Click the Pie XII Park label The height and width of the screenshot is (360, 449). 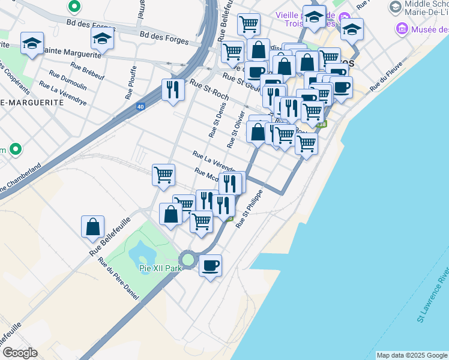(x=160, y=269)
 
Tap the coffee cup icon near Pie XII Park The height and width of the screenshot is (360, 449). (x=210, y=265)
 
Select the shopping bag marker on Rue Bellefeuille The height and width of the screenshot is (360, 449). (x=93, y=227)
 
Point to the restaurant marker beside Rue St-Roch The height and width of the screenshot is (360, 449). (x=173, y=90)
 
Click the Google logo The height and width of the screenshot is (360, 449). (x=20, y=352)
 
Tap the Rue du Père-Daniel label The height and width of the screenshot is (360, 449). (x=119, y=280)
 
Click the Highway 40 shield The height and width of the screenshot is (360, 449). (x=140, y=107)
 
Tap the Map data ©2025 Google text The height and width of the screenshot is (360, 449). (x=412, y=355)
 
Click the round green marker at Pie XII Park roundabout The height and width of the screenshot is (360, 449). (x=188, y=260)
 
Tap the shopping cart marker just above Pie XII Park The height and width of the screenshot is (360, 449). (x=201, y=221)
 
